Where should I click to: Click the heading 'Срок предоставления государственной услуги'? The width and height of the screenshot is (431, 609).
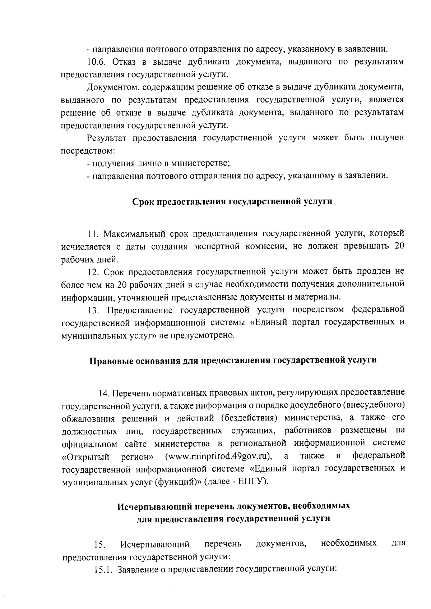tap(232, 201)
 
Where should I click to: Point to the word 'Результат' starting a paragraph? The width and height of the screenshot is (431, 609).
tap(106, 138)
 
